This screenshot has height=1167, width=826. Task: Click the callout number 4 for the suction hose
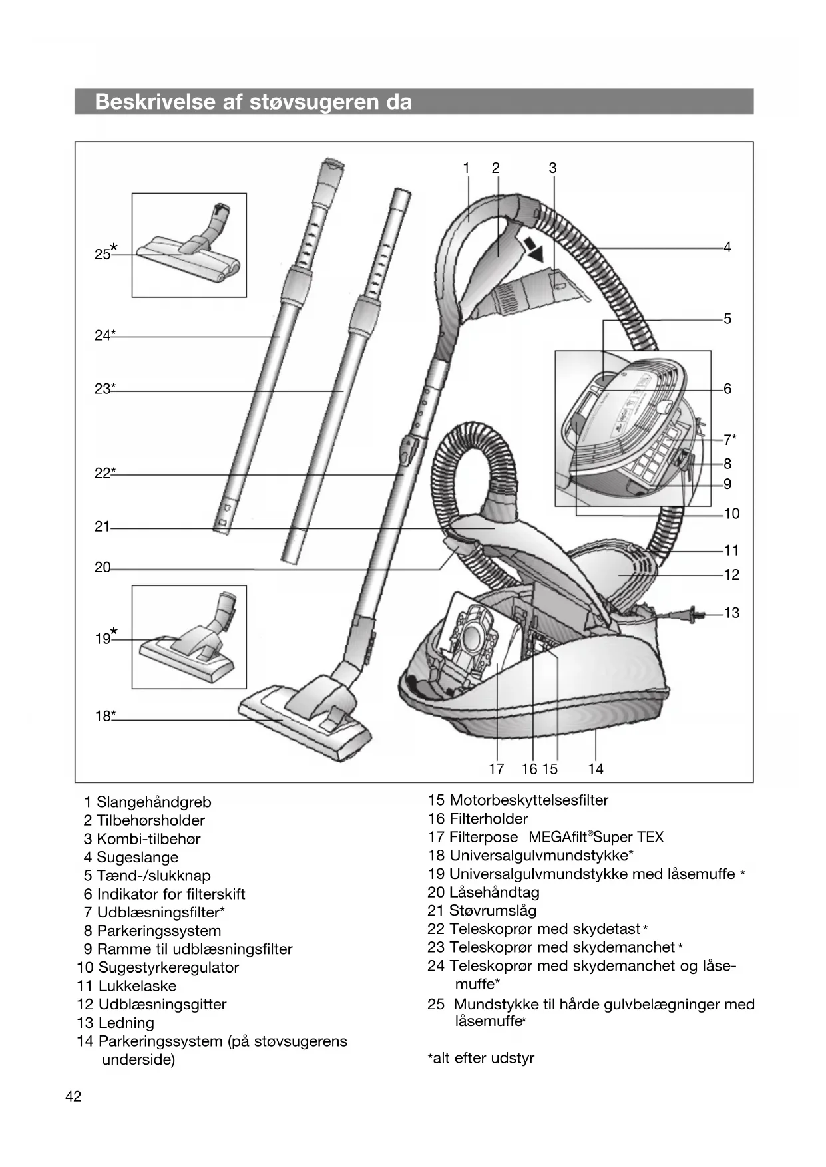[x=727, y=248]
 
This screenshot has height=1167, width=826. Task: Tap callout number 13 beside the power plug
[x=731, y=613]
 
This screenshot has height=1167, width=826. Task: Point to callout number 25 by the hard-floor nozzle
[x=103, y=254]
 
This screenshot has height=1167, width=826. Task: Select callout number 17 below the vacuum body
[x=497, y=769]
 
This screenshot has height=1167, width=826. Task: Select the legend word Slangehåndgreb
[x=154, y=802]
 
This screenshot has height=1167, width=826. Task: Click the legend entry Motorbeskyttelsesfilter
[x=528, y=800]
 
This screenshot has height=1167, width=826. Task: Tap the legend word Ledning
[x=126, y=1023]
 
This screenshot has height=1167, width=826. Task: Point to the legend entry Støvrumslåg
[x=493, y=911]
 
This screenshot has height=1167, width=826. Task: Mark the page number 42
[x=73, y=1097]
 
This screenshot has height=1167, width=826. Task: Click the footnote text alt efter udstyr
[x=483, y=1058]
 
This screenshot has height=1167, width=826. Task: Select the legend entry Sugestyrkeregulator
[x=168, y=967]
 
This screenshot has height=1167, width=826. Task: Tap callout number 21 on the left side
[x=102, y=527]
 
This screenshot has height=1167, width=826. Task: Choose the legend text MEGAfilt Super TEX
[x=596, y=837]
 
